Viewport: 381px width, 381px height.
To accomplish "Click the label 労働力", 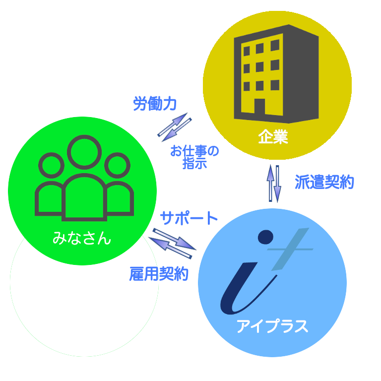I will click(155, 104).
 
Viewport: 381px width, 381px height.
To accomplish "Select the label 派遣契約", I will click(324, 183).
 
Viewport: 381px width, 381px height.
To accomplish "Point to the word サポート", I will click(189, 218).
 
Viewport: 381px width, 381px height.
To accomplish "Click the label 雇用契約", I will click(159, 273).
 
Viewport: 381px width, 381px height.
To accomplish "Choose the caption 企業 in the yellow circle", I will click(273, 137).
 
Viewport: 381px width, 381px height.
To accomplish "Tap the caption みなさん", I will click(82, 239).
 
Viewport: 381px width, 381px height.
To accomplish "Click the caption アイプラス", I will click(272, 326).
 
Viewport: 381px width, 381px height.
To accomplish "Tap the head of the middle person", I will click(84, 152).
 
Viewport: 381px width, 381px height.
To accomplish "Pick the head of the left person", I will click(51, 165).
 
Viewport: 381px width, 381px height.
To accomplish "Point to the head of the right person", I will click(117, 165).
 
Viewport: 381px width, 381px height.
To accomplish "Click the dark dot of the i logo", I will click(266, 237).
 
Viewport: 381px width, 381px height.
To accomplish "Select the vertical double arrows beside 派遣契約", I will click(274, 183).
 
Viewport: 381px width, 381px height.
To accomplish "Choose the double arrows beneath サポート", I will click(172, 243).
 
